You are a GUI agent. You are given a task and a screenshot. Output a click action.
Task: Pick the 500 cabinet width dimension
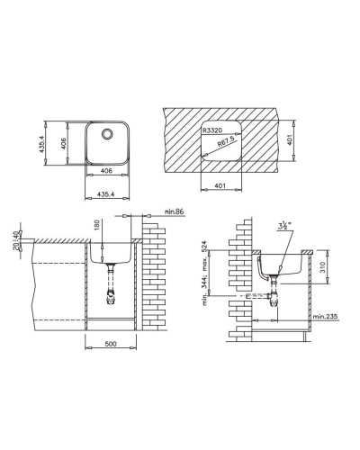click(x=110, y=343)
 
